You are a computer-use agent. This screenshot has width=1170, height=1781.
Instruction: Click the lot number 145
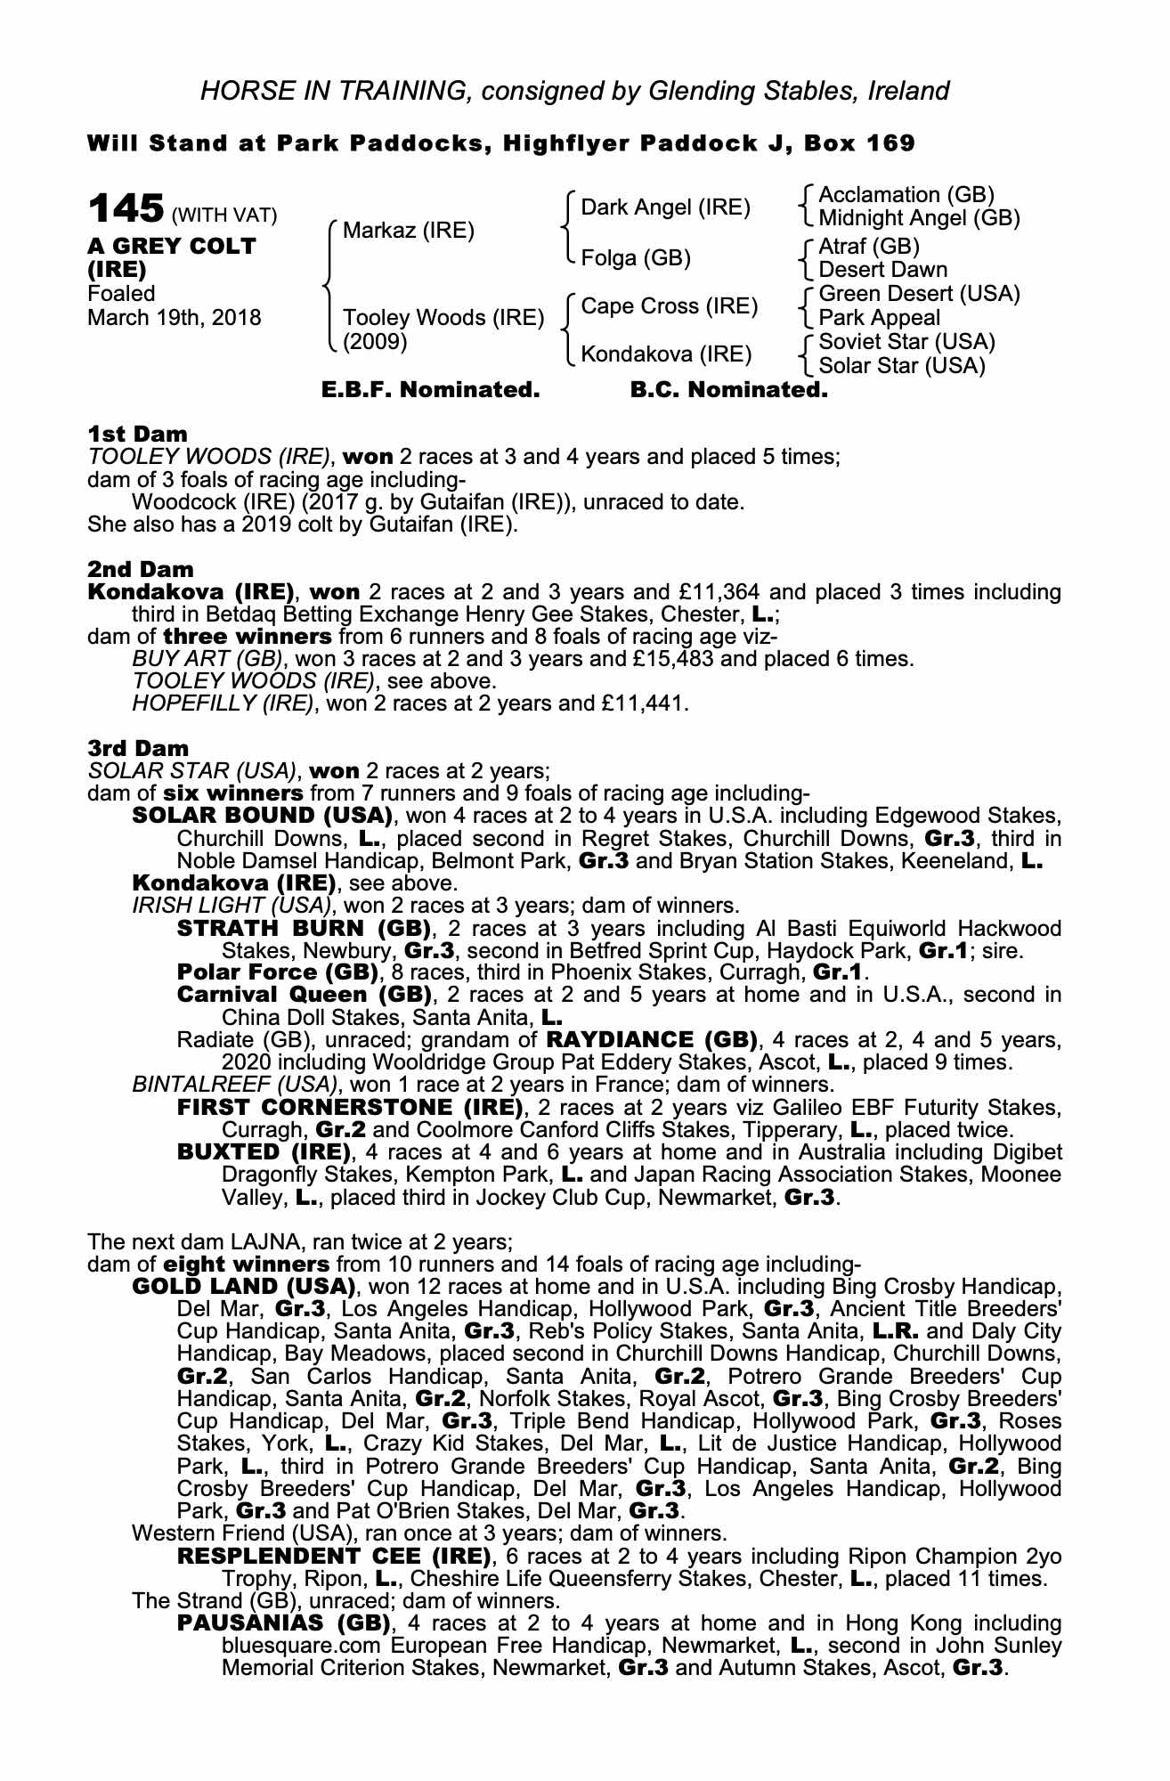(126, 210)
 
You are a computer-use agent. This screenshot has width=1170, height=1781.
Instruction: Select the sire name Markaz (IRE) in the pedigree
(409, 232)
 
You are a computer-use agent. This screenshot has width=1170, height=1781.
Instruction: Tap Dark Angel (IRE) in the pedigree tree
(665, 208)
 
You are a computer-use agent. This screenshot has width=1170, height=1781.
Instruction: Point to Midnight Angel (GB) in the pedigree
(919, 218)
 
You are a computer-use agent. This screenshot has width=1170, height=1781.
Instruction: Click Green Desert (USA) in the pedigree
(919, 294)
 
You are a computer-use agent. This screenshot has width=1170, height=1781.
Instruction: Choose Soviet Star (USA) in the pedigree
(906, 342)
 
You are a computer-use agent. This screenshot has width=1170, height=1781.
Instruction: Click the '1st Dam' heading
(137, 435)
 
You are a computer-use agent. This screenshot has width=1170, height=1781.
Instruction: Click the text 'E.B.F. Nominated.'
(430, 390)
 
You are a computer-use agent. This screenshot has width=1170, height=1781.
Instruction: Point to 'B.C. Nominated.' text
(728, 390)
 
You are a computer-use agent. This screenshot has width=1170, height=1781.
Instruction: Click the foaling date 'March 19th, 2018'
(175, 318)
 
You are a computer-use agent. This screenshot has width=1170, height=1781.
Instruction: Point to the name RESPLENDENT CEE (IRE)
(335, 1556)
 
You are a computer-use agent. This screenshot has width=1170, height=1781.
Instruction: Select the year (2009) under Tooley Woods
(375, 342)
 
